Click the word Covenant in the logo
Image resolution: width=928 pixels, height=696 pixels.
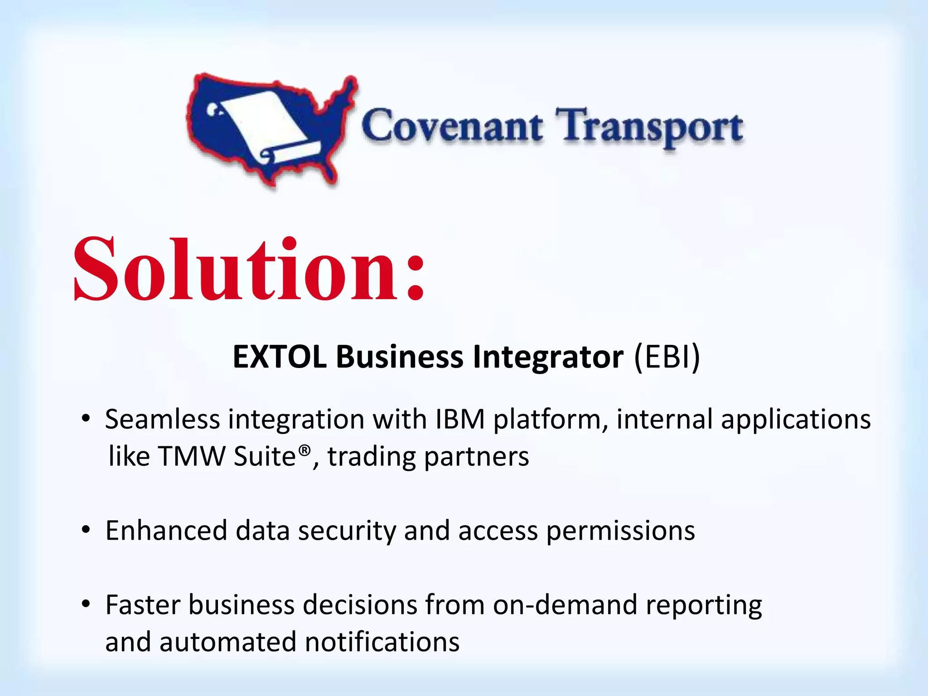tap(452, 126)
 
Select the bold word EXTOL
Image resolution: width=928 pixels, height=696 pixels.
tap(279, 357)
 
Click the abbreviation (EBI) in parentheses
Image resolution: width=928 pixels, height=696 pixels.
tap(667, 357)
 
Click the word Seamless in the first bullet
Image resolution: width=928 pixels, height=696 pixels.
tap(162, 419)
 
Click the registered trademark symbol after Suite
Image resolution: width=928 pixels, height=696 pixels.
tap(305, 450)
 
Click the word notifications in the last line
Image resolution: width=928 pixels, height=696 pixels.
tap(382, 642)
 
